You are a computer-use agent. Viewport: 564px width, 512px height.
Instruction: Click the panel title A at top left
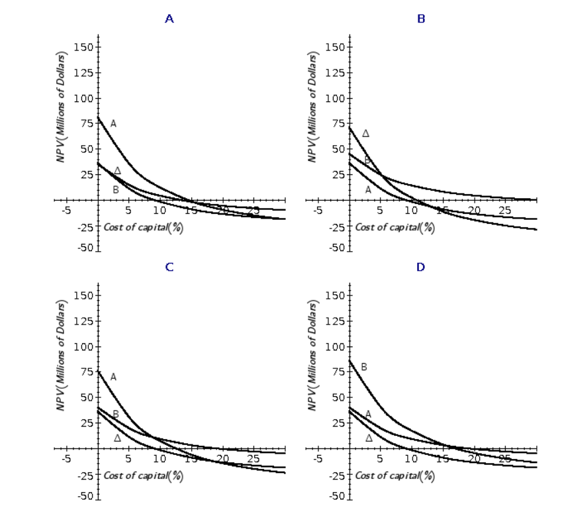[x=169, y=19]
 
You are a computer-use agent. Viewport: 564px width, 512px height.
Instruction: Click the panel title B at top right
[x=421, y=19]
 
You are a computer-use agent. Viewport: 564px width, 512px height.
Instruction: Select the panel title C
[x=169, y=267]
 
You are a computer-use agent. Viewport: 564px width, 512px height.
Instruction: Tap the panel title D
[x=421, y=267]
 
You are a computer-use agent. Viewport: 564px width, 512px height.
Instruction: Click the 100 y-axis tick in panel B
[x=336, y=98]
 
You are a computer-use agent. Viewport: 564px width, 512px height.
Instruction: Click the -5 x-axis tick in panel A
[x=66, y=211]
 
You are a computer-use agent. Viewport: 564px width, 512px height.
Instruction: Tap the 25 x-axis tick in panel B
[x=505, y=211]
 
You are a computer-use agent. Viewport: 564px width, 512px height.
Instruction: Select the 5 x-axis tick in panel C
[x=128, y=459]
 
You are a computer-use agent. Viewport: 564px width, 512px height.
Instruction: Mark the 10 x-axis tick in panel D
[x=410, y=459]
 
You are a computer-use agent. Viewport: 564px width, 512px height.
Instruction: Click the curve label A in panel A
[x=113, y=123]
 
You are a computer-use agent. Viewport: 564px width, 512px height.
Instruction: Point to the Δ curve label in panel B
[x=365, y=134]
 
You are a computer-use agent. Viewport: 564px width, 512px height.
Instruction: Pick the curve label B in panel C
[x=115, y=415]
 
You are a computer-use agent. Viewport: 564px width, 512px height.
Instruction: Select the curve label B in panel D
[x=363, y=367]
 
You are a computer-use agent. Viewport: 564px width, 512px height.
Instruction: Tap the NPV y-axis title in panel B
[x=312, y=106]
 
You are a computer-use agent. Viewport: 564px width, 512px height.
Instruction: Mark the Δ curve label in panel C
[x=117, y=438]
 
